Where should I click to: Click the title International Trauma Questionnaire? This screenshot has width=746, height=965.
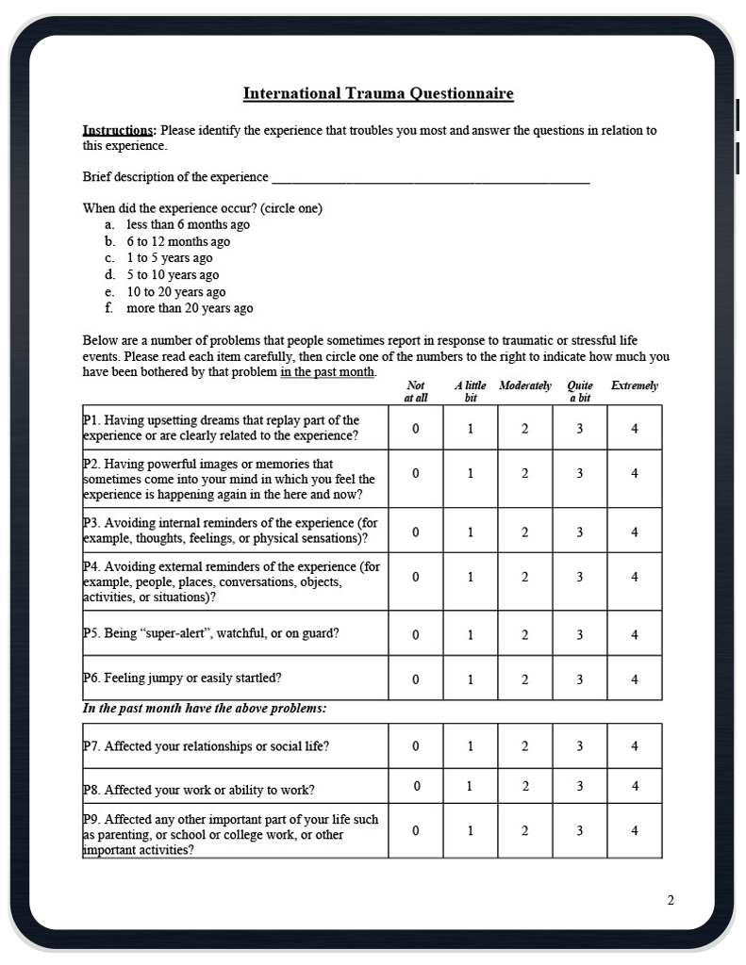pyautogui.click(x=378, y=93)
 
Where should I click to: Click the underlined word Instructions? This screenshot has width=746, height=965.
pyautogui.click(x=118, y=130)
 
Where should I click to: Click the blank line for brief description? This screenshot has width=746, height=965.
pyautogui.click(x=429, y=178)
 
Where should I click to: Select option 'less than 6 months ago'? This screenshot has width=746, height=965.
pyautogui.click(x=188, y=224)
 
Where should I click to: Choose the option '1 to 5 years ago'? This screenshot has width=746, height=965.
pyautogui.click(x=170, y=258)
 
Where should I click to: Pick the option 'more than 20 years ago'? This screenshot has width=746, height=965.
pyautogui.click(x=190, y=308)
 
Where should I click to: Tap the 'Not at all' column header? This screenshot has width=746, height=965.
pyautogui.click(x=416, y=391)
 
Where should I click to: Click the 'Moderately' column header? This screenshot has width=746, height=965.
pyautogui.click(x=525, y=385)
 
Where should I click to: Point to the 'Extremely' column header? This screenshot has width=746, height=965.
pyautogui.click(x=635, y=385)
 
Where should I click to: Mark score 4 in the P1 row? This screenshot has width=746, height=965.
pyautogui.click(x=635, y=428)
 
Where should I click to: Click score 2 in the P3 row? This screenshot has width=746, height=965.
pyautogui.click(x=525, y=532)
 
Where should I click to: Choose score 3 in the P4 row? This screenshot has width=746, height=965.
pyautogui.click(x=580, y=577)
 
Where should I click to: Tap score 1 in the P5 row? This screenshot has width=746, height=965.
pyautogui.click(x=471, y=634)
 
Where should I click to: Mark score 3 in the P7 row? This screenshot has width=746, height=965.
pyautogui.click(x=580, y=746)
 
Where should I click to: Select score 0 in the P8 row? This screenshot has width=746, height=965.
pyautogui.click(x=416, y=786)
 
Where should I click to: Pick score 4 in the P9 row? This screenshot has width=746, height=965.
pyautogui.click(x=635, y=830)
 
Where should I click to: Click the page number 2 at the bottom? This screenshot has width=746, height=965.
pyautogui.click(x=671, y=900)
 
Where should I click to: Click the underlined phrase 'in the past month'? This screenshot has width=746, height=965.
pyautogui.click(x=327, y=371)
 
